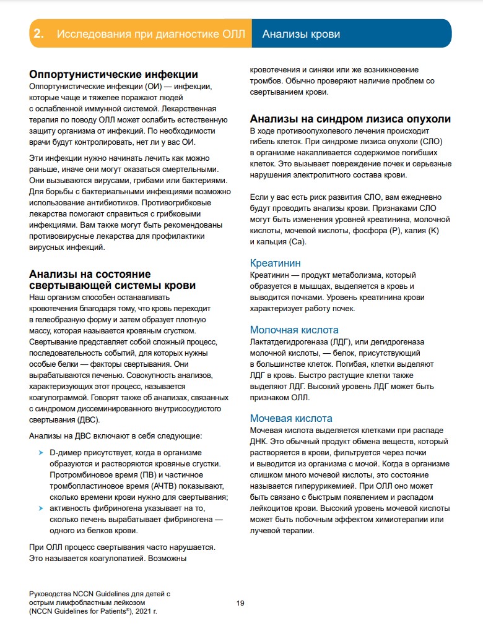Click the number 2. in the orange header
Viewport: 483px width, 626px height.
point(38,33)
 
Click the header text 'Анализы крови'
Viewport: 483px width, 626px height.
point(301,33)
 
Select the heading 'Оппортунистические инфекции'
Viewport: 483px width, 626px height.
point(113,75)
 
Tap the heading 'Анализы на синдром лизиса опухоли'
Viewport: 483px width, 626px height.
point(350,119)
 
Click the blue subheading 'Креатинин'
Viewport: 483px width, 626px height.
point(275,263)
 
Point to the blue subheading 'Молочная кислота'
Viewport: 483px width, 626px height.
point(294,330)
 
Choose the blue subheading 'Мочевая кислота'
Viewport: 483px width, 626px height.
point(291,418)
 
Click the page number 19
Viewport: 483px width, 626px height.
point(241,603)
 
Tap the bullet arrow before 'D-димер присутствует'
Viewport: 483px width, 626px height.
point(41,453)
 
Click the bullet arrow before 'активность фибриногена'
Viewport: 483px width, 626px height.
point(41,508)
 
